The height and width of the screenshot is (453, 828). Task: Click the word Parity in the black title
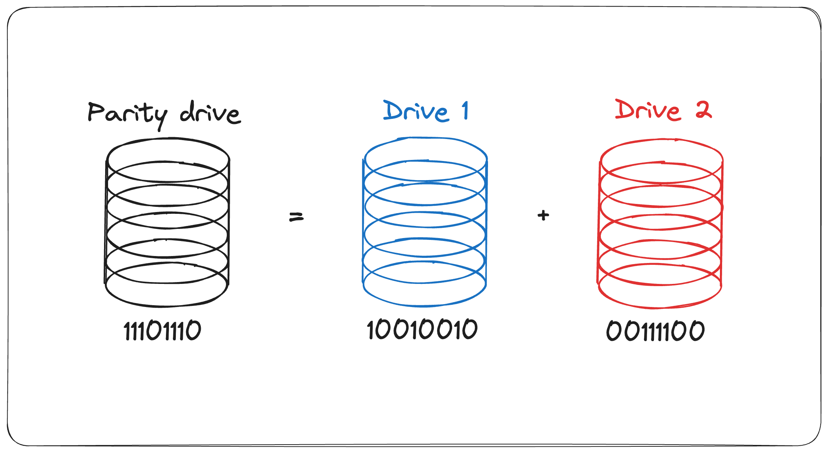[x=127, y=114]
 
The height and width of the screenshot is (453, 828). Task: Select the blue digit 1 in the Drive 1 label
[x=465, y=110]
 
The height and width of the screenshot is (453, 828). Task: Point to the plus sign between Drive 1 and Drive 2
[x=543, y=215]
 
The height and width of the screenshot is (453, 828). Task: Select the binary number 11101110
[x=162, y=331]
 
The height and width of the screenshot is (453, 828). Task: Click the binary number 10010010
[x=422, y=329]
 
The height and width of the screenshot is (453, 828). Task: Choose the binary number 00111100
[x=655, y=331]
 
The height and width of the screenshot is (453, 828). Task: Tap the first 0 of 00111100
[x=613, y=331]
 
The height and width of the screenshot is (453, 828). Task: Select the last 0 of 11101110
[x=193, y=330]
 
